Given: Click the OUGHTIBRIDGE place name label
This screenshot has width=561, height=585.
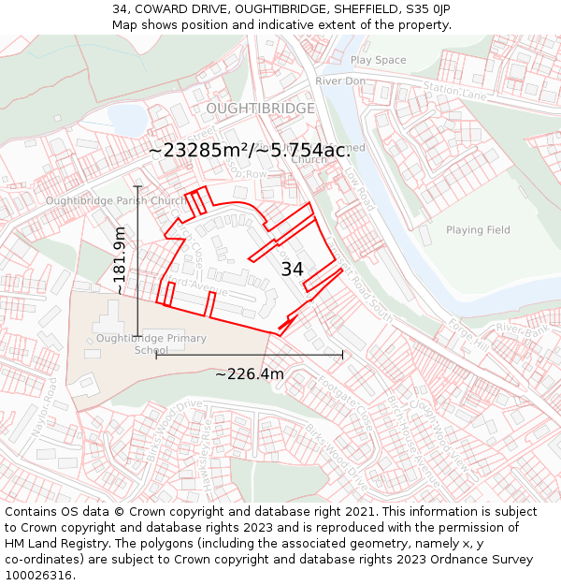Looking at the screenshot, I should tap(260, 109).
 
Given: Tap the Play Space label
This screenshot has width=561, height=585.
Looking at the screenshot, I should tap(378, 60).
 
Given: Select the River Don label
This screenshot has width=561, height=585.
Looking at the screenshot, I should tap(340, 81).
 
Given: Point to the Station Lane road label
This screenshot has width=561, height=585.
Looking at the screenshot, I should tap(455, 91).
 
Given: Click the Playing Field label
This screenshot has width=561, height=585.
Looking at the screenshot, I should tap(478, 230).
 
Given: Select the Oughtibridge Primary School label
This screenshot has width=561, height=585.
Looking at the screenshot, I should tap(151, 344).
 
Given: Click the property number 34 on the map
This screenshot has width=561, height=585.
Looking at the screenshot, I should tap(293, 270).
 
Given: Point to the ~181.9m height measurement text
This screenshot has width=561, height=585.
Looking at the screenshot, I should tap(120, 261).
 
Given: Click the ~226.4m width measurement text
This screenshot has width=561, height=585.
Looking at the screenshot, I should tap(250, 374).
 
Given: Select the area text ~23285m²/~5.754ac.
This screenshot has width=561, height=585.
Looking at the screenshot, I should tap(249, 151).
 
